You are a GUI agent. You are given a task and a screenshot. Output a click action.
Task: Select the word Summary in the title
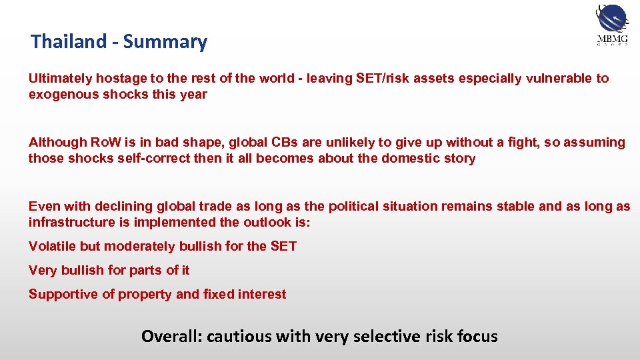pyautogui.click(x=165, y=42)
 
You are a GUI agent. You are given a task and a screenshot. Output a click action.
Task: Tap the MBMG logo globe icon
pyautogui.click(x=611, y=18)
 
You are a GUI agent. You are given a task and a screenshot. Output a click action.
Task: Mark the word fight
pyautogui.click(x=532, y=142)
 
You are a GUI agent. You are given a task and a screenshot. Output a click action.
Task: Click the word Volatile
pyautogui.click(x=52, y=247)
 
